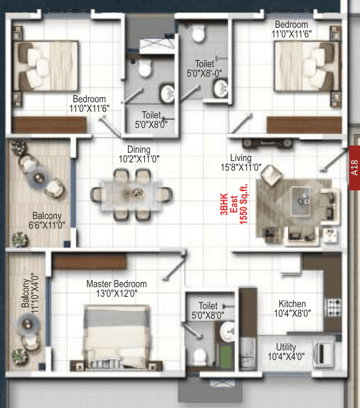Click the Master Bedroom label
(x=116, y=284)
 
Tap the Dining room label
(x=139, y=150)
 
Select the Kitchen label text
(x=292, y=304)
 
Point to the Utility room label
(x=286, y=347)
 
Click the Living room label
(x=241, y=158)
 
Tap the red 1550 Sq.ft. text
(x=243, y=204)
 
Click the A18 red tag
(x=355, y=168)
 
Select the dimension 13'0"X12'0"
(x=116, y=293)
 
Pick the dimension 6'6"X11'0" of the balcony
(x=47, y=225)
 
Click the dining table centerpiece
(x=137, y=193)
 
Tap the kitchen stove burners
(x=334, y=307)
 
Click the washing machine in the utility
(x=323, y=355)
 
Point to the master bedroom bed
(x=116, y=336)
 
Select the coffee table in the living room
(x=301, y=201)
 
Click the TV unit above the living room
(x=267, y=143)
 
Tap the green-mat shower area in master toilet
(x=225, y=356)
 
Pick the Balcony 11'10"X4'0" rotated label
(x=30, y=293)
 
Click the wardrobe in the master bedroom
(x=90, y=261)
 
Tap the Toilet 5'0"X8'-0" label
(x=204, y=69)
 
